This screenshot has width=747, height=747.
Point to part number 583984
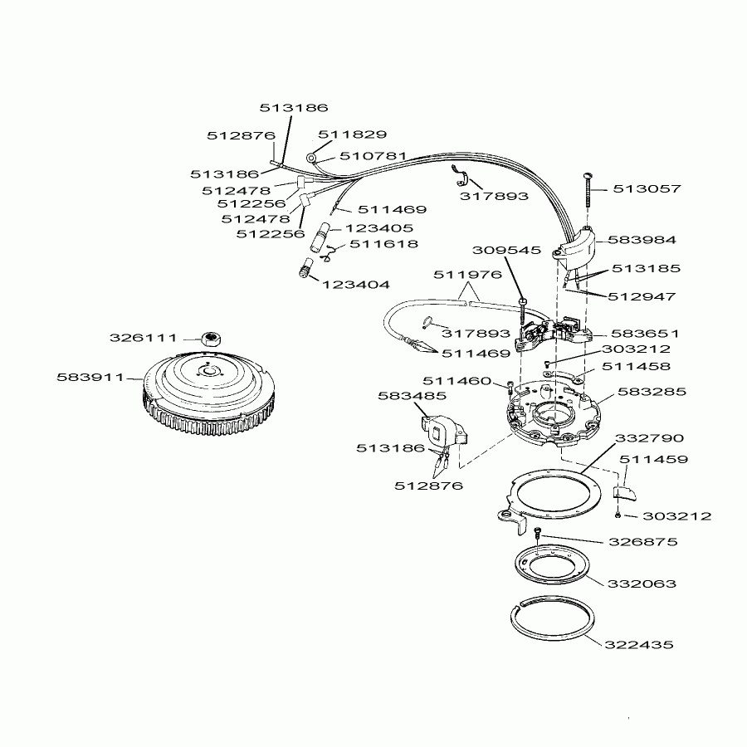pyautogui.click(x=642, y=239)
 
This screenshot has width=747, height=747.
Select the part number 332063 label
pyautogui.click(x=642, y=583)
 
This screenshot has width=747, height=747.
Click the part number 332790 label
pyautogui.click(x=648, y=437)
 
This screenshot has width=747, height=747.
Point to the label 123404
pyautogui.click(x=355, y=284)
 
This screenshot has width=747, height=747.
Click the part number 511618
pyautogui.click(x=383, y=244)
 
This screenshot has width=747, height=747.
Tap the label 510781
pyautogui.click(x=373, y=155)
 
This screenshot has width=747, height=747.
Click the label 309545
pyautogui.click(x=506, y=250)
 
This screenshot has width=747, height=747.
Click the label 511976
pyautogui.click(x=467, y=275)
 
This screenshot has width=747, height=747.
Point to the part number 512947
pyautogui.click(x=641, y=295)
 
